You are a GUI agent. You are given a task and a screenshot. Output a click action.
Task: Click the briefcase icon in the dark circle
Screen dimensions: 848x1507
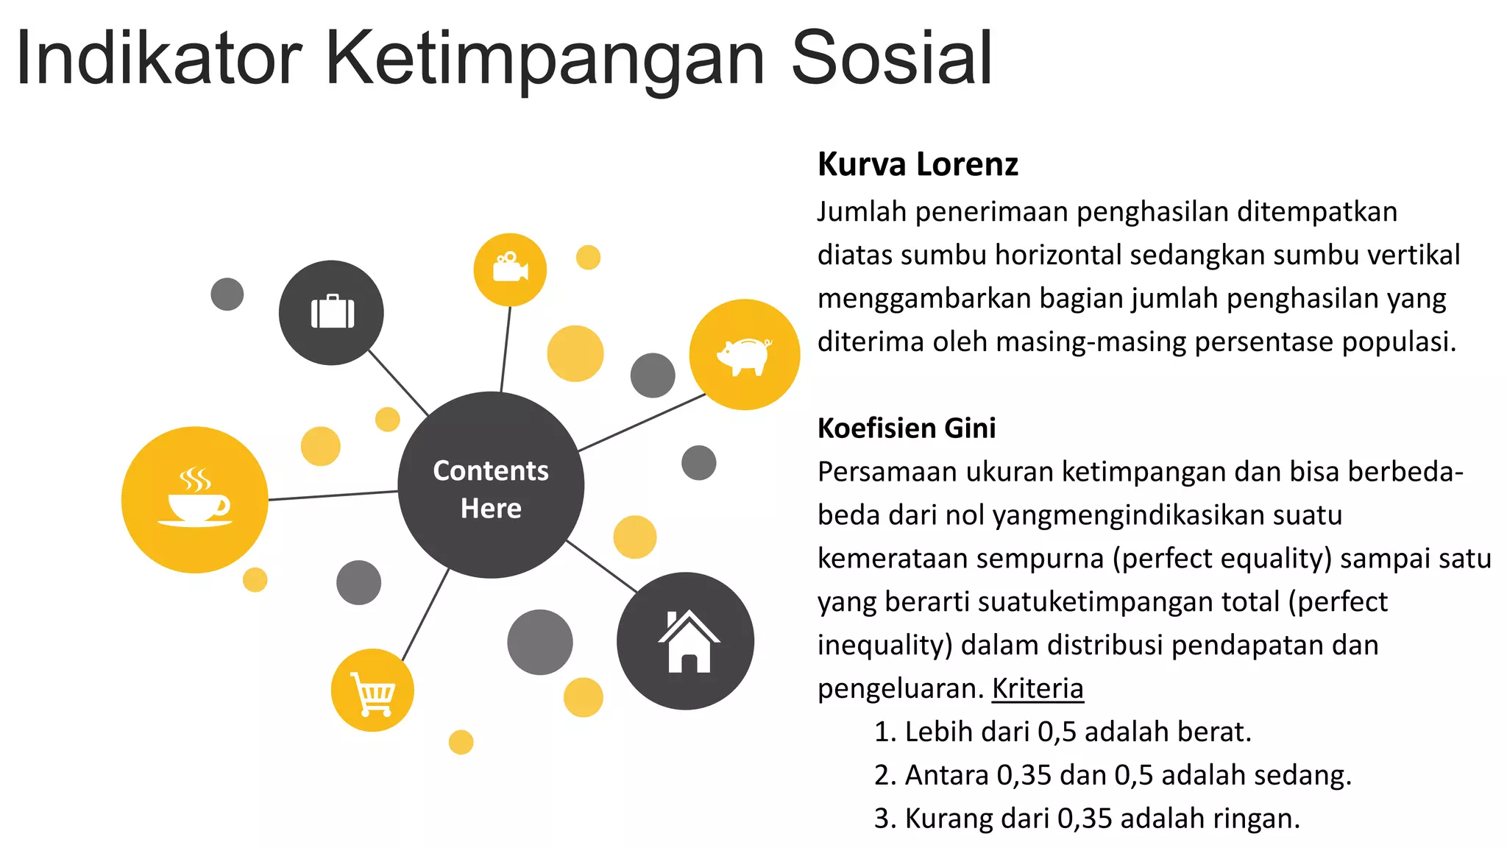333,312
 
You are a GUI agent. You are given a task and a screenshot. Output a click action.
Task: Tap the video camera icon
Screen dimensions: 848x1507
510,269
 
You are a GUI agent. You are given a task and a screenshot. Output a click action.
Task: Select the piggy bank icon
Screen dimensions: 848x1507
745,356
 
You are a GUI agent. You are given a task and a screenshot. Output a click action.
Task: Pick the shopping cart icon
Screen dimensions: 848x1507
373,693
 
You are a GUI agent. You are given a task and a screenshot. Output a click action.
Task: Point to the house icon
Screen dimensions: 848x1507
688,642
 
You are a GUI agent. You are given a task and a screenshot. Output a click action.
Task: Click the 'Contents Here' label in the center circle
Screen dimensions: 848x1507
491,489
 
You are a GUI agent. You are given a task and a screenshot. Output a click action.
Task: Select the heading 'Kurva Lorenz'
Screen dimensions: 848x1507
918,164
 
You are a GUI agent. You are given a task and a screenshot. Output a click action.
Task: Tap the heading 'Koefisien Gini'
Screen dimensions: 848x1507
907,428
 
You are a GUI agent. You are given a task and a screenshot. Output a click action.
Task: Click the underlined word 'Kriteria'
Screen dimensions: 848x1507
1038,688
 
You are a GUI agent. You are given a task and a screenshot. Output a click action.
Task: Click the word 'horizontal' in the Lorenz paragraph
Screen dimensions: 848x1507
1058,255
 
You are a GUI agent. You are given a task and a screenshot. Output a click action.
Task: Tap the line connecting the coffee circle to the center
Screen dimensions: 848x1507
333,495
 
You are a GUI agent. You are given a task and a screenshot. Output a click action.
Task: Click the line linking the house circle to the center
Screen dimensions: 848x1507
601,566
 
